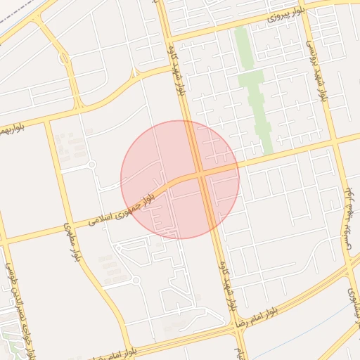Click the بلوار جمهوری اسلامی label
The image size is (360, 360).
pos(120,212)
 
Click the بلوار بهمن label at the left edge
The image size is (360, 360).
pos(13,129)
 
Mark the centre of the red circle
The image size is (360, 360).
pos(180,179)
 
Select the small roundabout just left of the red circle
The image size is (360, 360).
pos(91,165)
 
